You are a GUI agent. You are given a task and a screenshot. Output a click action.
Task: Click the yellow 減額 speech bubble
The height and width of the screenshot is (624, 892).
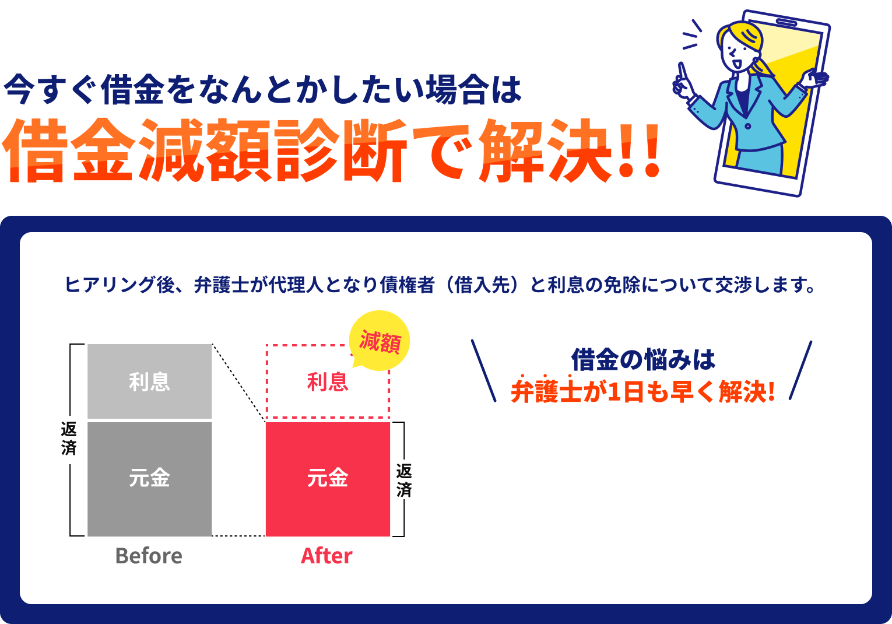(379, 341)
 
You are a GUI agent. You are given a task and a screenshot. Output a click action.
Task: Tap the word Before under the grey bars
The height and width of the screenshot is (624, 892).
(149, 556)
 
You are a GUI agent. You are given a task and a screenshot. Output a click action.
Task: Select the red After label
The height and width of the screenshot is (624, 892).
(326, 556)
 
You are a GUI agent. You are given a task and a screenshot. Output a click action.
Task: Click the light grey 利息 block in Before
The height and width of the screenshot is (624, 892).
(150, 381)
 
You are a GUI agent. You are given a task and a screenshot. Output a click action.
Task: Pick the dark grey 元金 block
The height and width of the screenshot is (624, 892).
(150, 479)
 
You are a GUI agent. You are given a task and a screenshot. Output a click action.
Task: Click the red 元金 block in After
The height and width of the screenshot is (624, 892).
(328, 479)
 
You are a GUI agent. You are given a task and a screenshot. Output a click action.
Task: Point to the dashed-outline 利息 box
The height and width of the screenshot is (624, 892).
(327, 381)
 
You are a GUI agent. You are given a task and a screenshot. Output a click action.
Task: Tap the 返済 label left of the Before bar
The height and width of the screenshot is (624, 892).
(69, 439)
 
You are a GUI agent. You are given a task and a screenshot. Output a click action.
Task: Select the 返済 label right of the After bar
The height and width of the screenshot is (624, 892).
(404, 480)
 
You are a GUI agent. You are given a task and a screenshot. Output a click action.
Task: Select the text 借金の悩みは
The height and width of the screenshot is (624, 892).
(643, 360)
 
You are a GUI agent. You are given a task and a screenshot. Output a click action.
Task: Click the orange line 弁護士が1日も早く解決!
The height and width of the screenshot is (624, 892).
(642, 391)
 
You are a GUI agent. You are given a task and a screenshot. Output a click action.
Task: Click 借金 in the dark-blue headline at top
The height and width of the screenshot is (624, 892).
(132, 89)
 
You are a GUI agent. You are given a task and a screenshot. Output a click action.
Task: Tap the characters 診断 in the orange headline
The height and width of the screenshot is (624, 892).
(340, 150)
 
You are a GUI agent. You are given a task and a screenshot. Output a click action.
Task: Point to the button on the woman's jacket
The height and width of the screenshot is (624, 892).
(748, 126)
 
